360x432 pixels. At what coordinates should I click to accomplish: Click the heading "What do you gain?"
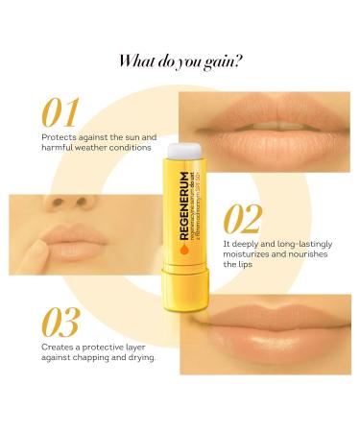(180, 61)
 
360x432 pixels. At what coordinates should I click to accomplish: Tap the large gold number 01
(59, 112)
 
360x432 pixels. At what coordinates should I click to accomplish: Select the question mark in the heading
(238, 61)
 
